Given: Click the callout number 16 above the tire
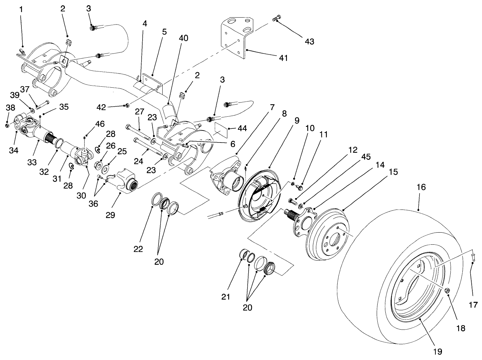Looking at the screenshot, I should coord(421,187).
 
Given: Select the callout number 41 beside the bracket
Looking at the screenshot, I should coord(283,58).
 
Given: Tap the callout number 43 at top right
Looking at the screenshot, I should coord(309,41).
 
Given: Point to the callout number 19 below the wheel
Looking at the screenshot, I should coord(437,351).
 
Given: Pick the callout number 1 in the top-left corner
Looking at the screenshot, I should coord(21,9).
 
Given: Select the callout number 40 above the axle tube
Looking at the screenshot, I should coord(183,38).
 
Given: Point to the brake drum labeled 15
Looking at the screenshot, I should coord(328,235).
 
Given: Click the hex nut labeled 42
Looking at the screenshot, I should coord(126,105).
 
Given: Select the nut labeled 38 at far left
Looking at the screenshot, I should coord(8,125).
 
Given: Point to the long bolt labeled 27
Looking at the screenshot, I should coord(138,133).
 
